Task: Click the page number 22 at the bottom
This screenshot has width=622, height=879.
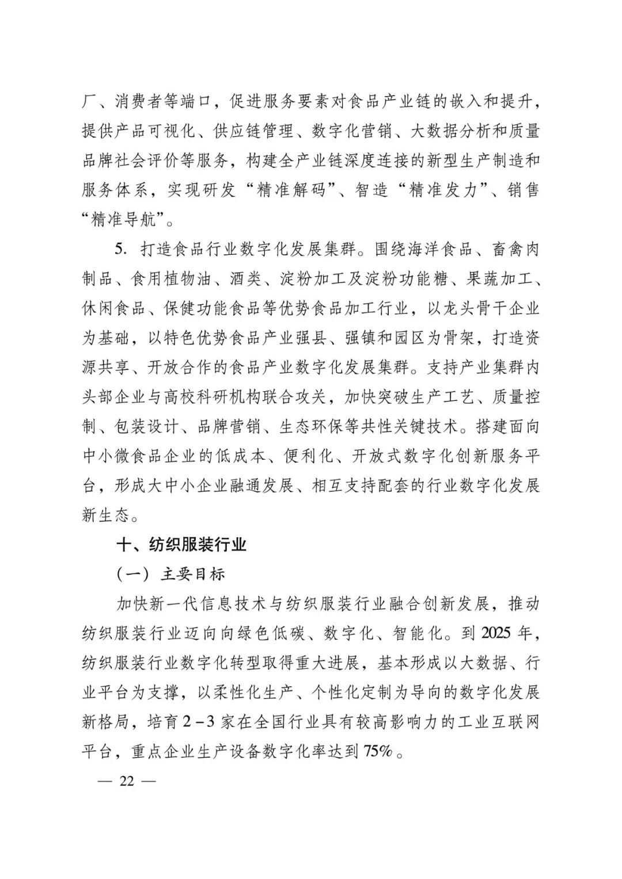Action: pos(126,781)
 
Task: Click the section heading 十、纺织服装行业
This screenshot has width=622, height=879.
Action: pos(181,544)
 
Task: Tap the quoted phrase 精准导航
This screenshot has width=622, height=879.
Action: pos(124,220)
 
